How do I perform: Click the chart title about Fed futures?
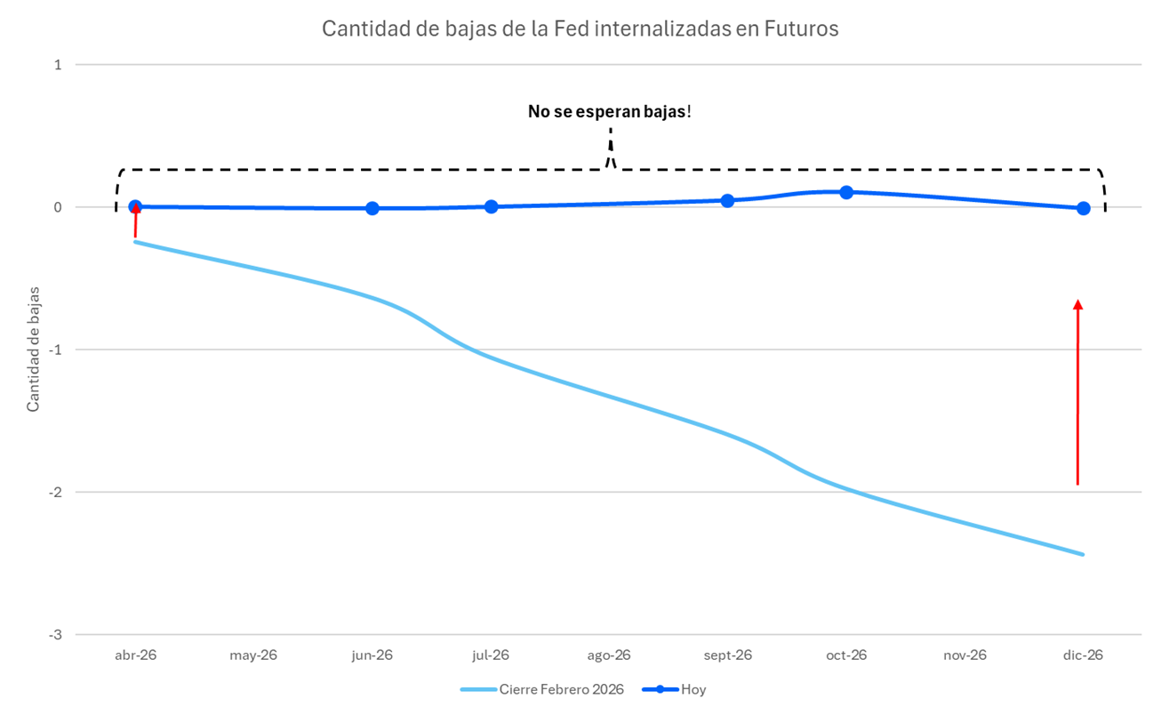580,28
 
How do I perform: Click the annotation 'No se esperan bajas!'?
609,112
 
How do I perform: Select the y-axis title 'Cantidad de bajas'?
33,349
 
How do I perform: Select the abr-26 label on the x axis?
135,655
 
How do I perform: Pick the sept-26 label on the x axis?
727,655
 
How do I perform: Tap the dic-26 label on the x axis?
1083,655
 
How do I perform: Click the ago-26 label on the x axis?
609,655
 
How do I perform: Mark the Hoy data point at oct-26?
846,192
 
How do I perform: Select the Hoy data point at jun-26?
372,208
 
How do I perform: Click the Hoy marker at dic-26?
1083,208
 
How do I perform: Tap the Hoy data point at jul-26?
491,206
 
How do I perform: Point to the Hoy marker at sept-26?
727,200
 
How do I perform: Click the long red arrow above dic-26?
1077,391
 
